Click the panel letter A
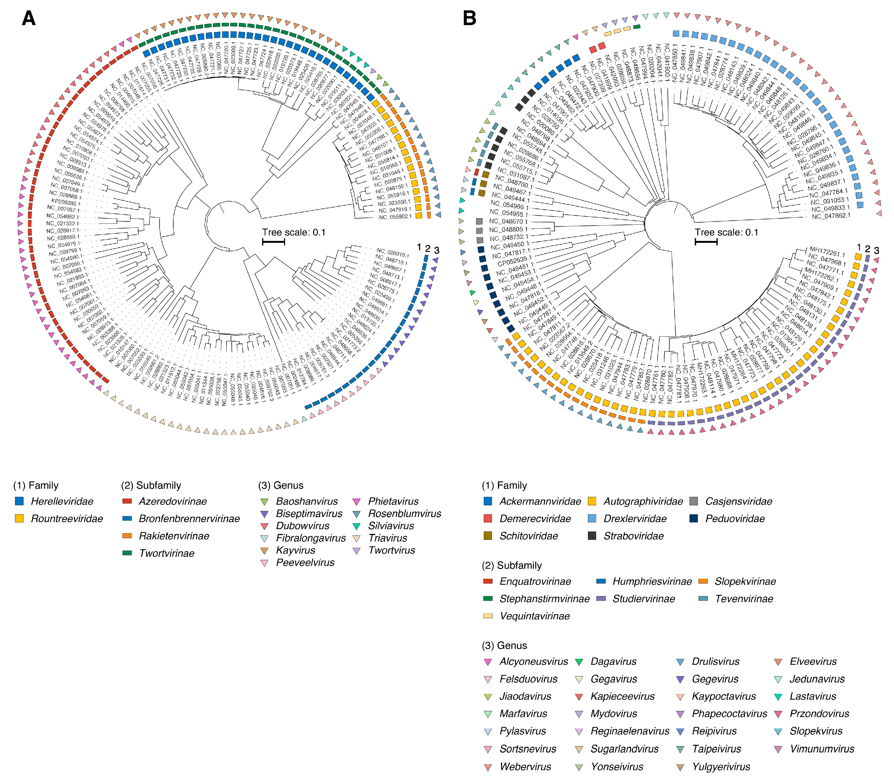(x=29, y=18)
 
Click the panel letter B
(x=469, y=18)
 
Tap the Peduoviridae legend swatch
(x=694, y=519)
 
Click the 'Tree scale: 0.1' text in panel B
(x=727, y=232)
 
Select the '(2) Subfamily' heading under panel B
(x=512, y=565)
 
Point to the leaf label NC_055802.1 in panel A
(x=395, y=217)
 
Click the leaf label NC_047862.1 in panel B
(x=831, y=216)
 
